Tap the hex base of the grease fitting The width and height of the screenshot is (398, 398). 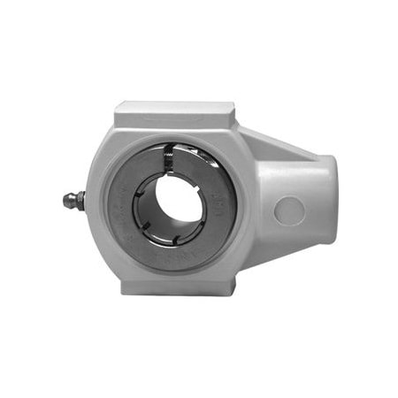pyautogui.click(x=80, y=201)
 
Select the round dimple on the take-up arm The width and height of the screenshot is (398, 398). pyautogui.click(x=289, y=211)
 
